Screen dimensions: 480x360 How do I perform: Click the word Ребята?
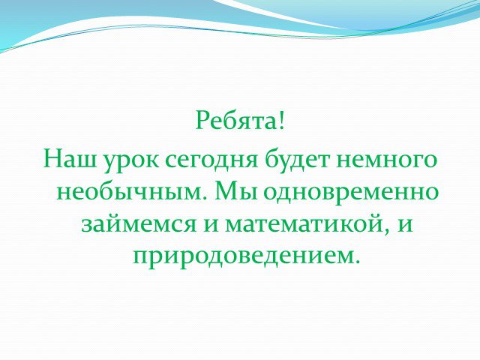point(236,120)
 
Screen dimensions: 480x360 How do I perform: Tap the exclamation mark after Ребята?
point(282,120)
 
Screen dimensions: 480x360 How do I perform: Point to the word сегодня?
point(211,162)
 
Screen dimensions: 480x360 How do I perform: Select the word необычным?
point(130,192)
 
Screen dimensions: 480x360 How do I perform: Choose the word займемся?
point(139,225)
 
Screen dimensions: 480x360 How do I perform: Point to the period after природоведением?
point(355,262)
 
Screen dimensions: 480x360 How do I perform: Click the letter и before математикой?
point(211,225)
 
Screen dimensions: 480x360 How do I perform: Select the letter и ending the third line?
point(404,225)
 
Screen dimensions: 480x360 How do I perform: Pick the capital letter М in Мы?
point(228,191)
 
